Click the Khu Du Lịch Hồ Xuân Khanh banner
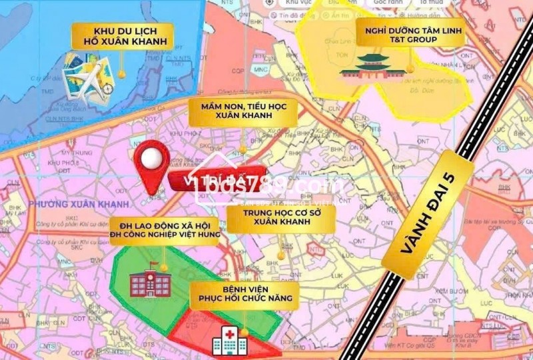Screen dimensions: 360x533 click(x=124, y=37)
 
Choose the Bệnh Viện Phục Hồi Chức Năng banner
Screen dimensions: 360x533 click(x=243, y=296)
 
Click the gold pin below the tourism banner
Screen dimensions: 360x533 click(x=121, y=73)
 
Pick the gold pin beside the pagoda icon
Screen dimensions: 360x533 click(x=411, y=67)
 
